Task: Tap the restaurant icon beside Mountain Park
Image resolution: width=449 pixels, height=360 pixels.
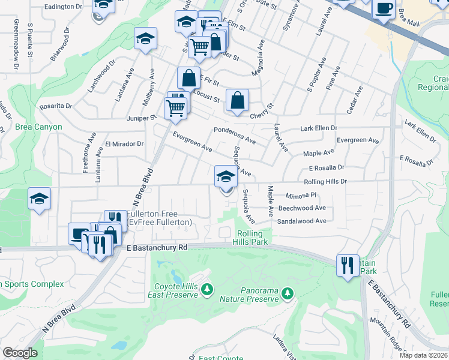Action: click(x=347, y=264)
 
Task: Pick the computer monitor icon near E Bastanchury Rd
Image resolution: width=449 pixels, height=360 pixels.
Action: click(x=79, y=233)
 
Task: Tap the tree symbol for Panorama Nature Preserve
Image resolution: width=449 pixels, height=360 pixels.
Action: click(x=288, y=292)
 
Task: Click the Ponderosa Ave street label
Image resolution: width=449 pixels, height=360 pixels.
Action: click(x=235, y=136)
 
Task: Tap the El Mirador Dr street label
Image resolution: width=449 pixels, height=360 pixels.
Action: click(x=124, y=144)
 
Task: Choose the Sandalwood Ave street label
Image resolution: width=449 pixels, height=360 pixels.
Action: click(x=301, y=221)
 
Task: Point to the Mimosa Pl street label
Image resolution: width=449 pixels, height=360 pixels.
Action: click(x=301, y=195)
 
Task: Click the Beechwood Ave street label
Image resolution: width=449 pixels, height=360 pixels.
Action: click(x=301, y=208)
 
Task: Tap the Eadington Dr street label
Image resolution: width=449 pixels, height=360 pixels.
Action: click(x=63, y=6)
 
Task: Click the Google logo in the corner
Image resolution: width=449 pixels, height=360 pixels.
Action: click(x=20, y=353)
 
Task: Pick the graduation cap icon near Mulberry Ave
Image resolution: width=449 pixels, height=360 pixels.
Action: click(x=145, y=40)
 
